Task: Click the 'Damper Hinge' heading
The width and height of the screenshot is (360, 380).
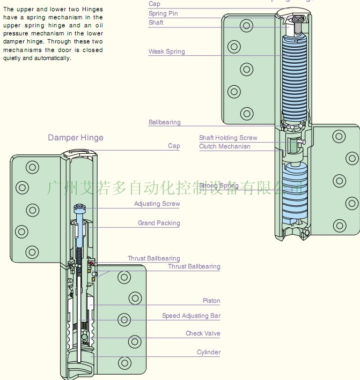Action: (76, 138)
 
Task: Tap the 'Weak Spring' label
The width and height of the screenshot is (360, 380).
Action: (166, 51)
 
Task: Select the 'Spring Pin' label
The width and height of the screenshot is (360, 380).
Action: (163, 13)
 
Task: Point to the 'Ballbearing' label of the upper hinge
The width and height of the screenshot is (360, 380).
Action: (164, 122)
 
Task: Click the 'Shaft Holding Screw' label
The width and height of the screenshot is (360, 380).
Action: (228, 138)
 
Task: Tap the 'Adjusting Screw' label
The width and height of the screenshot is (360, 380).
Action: (157, 204)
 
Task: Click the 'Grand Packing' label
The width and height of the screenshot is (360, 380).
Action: (159, 223)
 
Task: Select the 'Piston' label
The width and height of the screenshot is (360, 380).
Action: (211, 301)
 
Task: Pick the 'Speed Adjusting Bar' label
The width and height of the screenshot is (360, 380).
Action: (191, 316)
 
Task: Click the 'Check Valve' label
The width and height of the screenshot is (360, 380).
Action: (203, 333)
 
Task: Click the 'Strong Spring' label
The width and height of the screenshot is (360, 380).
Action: (218, 185)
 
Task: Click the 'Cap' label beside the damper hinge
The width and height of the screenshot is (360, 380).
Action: (174, 146)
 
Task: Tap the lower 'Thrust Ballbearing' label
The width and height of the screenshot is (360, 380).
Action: (194, 266)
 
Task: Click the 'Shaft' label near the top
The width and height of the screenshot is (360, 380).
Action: (156, 23)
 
